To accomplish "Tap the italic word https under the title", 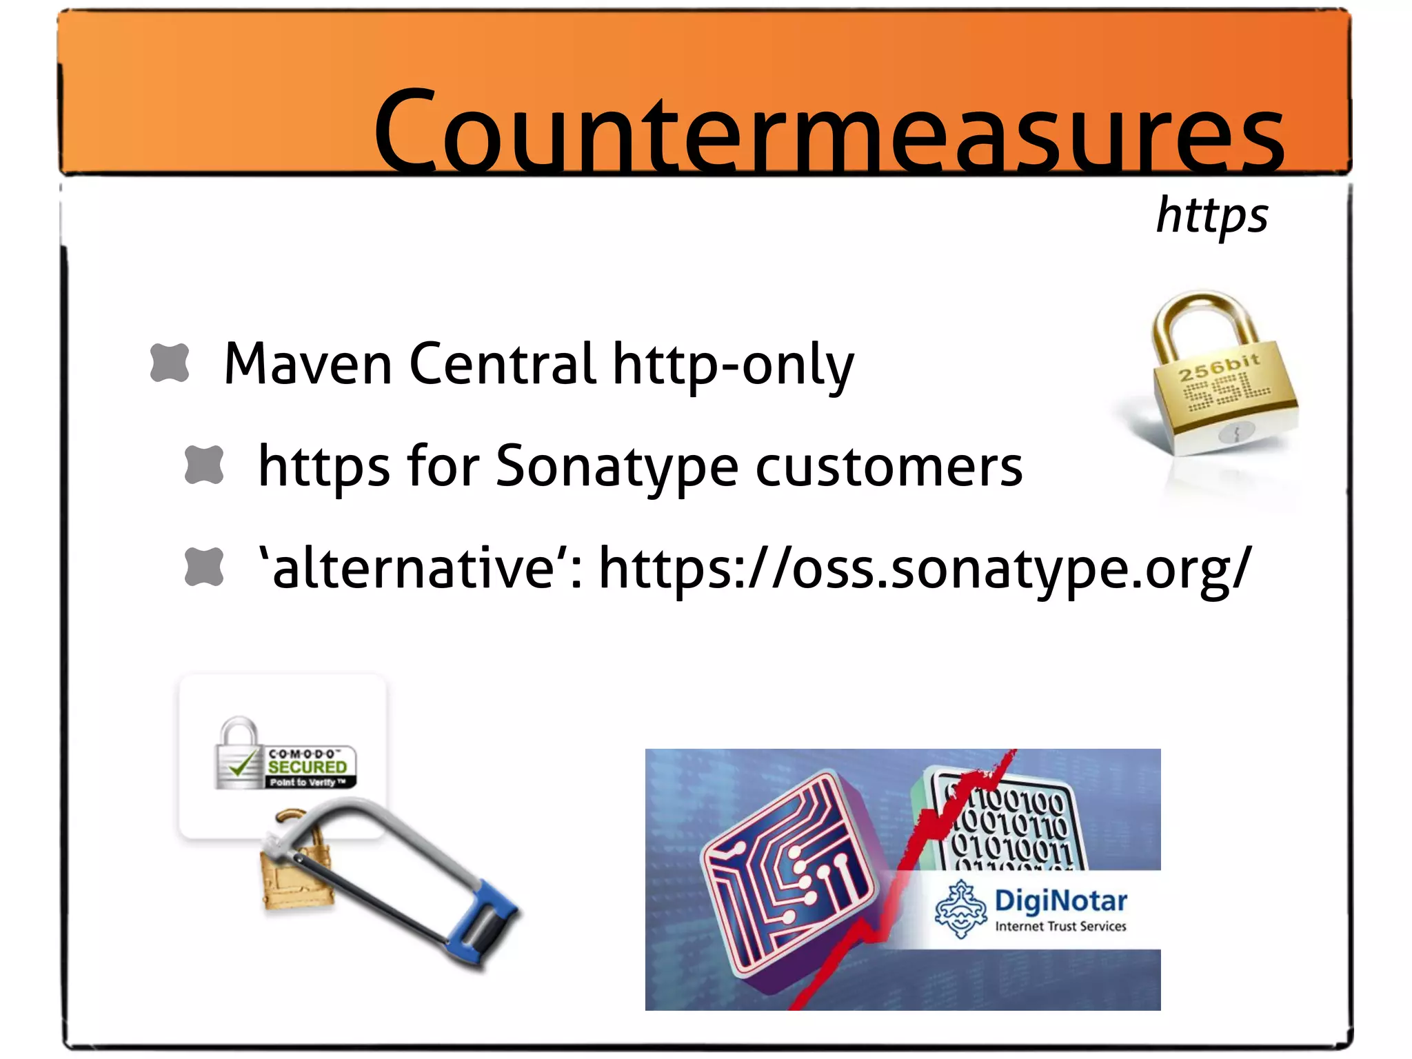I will click(1211, 215).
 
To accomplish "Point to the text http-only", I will click(733, 365).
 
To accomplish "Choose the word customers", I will click(889, 467).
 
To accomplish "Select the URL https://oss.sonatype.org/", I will click(925, 569).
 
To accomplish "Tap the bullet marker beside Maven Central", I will click(170, 363).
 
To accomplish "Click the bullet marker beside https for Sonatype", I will click(204, 465).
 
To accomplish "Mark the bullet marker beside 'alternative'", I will click(204, 567).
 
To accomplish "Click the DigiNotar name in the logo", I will click(1060, 900).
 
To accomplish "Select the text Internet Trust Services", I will click(1060, 927).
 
